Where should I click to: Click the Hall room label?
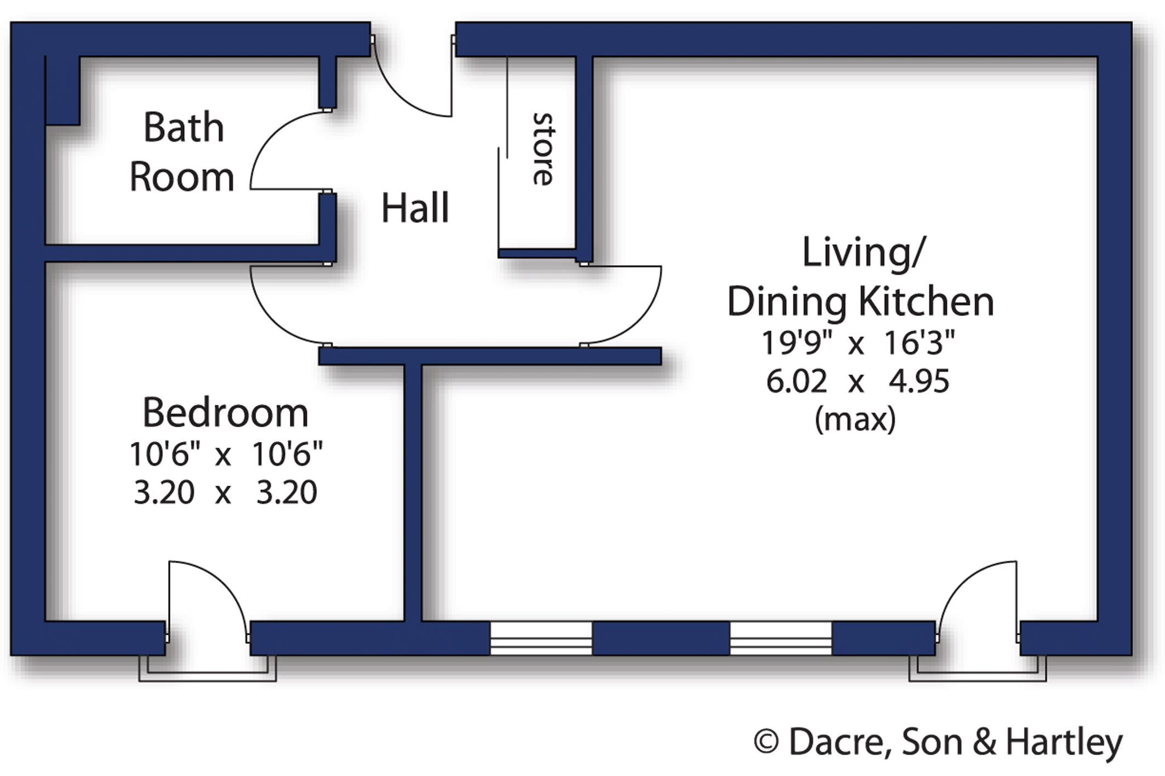tap(415, 208)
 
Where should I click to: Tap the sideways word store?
tap(543, 149)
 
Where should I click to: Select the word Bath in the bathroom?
tap(184, 127)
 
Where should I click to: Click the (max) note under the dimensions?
tap(855, 420)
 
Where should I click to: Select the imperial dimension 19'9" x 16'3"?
tap(858, 343)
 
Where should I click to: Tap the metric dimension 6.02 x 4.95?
tap(858, 381)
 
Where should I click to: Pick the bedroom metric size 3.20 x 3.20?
tap(225, 492)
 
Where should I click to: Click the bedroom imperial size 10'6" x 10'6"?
tap(226, 454)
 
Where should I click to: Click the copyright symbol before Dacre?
tap(766, 742)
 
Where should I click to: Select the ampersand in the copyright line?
tap(984, 743)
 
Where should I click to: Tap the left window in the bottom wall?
tap(541, 638)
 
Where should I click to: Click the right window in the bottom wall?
tap(781, 638)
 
